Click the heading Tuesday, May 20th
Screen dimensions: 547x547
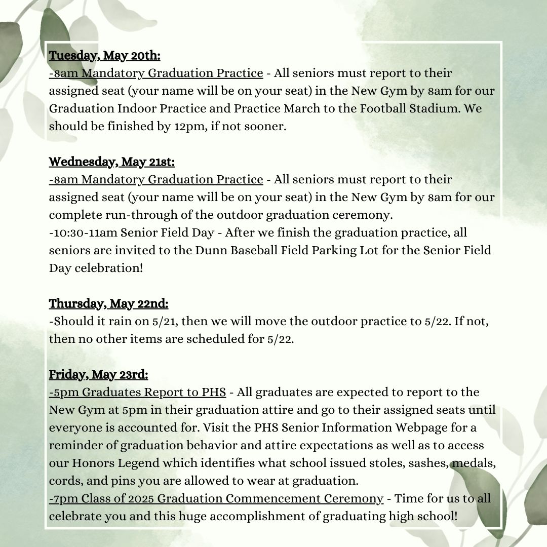pos(105,56)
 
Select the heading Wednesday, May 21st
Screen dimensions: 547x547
pos(112,162)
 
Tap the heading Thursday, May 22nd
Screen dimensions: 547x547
pos(109,304)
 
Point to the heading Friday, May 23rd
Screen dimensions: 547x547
pos(99,375)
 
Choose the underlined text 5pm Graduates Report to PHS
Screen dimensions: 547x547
pos(138,393)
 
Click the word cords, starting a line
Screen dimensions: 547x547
pos(65,481)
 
